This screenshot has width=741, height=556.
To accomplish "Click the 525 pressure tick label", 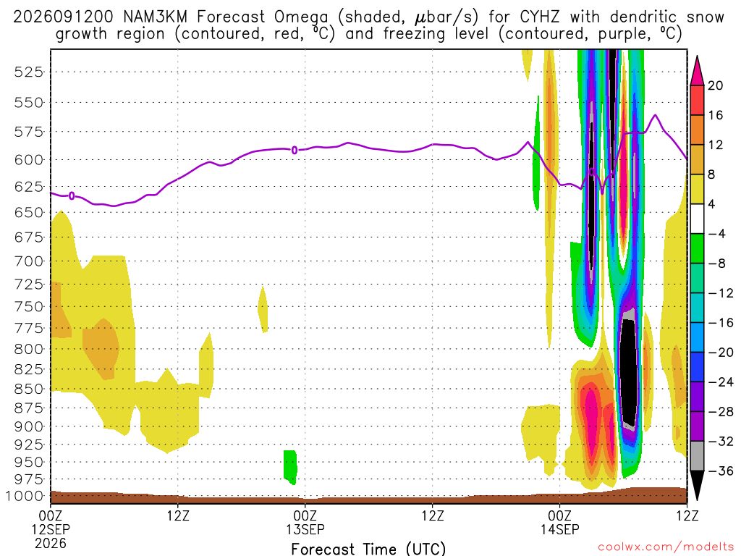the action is click(28, 72).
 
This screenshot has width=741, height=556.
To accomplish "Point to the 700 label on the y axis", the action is click(28, 261).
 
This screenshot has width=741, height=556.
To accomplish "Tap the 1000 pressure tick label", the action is click(25, 496).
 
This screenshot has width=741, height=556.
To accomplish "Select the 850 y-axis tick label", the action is click(28, 389).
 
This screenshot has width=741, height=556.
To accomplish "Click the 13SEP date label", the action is click(305, 529).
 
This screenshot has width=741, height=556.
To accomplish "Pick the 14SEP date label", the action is click(559, 529).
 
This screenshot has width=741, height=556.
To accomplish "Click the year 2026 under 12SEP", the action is click(50, 543).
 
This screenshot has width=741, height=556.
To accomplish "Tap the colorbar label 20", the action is click(716, 85).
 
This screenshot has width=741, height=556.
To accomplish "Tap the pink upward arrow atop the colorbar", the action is click(697, 71).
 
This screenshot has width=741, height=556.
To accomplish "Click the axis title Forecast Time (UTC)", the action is click(368, 549).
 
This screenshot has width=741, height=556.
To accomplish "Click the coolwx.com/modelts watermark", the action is click(666, 547).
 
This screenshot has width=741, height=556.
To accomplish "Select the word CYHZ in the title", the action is click(539, 17).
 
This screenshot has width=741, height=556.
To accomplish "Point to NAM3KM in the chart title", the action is click(155, 17).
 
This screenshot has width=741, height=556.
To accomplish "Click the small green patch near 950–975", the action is click(290, 467).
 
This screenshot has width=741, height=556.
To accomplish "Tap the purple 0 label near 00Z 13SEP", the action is click(295, 151).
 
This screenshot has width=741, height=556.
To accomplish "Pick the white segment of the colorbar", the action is click(697, 219).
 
